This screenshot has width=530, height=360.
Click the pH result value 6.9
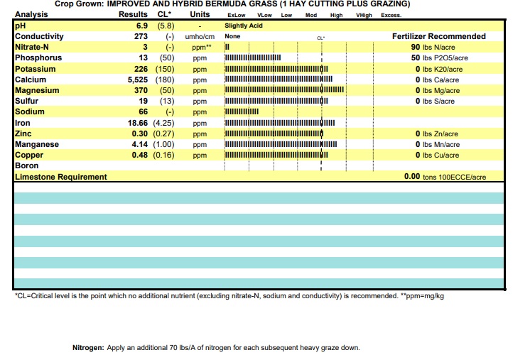pyautogui.click(x=142, y=26)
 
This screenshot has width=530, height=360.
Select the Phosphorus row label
pyautogui.click(x=38, y=58)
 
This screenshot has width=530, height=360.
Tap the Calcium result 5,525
pyautogui.click(x=138, y=80)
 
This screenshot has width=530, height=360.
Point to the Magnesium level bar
pyautogui.click(x=284, y=89)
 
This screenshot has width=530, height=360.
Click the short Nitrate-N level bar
pyautogui.click(x=227, y=47)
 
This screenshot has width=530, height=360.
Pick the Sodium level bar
pyautogui.click(x=242, y=111)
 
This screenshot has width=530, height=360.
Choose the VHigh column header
pyautogui.click(x=364, y=15)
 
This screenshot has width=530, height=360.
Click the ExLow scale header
pyautogui.click(x=237, y=15)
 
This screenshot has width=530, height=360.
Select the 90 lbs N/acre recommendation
pyautogui.click(x=433, y=48)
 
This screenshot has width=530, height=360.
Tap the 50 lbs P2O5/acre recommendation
pyautogui.click(x=439, y=58)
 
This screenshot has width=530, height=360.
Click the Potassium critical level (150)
pyautogui.click(x=165, y=69)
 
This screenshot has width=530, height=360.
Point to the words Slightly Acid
pyautogui.click(x=244, y=26)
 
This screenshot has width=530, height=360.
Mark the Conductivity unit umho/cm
pyautogui.click(x=200, y=36)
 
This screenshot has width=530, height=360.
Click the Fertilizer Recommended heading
pyautogui.click(x=439, y=36)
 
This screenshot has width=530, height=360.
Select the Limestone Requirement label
pyautogui.click(x=61, y=177)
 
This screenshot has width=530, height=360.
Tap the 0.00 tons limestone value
pyautogui.click(x=445, y=177)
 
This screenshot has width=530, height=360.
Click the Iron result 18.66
pyautogui.click(x=138, y=123)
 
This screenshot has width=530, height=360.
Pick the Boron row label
pyautogui.click(x=27, y=165)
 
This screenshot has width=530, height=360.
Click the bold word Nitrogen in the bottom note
pyautogui.click(x=88, y=348)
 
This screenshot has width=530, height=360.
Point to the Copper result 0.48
pyautogui.click(x=139, y=155)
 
